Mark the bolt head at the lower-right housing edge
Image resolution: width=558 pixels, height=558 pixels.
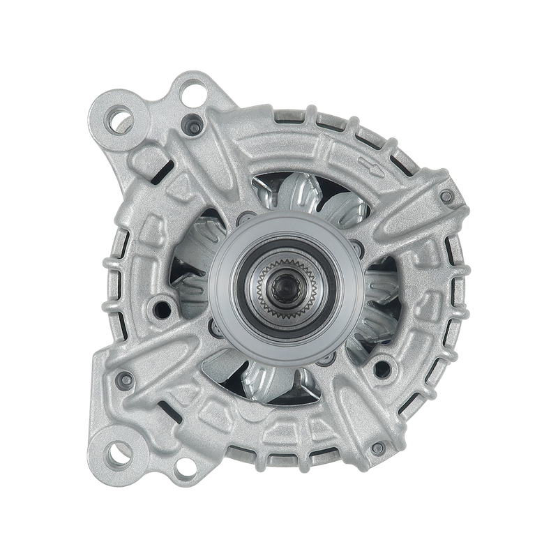(377, 447)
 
